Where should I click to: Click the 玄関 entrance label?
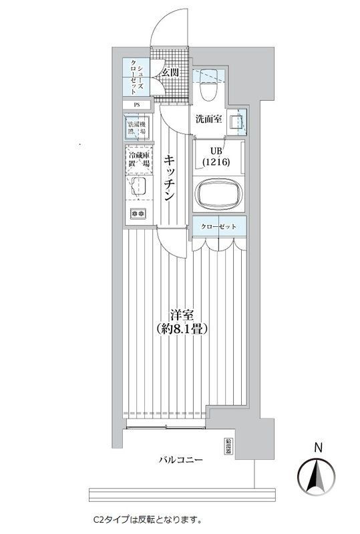(x=170, y=72)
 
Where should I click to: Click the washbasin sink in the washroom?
(x=235, y=122)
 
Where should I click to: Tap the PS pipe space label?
(x=137, y=105)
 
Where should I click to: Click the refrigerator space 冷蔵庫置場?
(x=139, y=161)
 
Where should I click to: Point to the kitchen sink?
(x=139, y=187)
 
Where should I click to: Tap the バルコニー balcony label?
(x=180, y=461)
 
